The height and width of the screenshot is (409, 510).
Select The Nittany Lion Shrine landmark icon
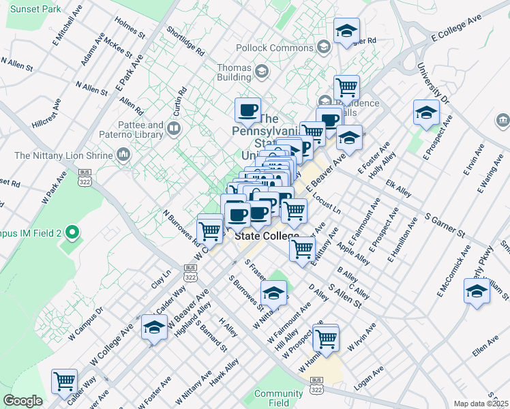click(x=123, y=154)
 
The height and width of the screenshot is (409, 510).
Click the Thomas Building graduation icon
click(x=260, y=71)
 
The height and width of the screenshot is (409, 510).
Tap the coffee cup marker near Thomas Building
click(x=247, y=110)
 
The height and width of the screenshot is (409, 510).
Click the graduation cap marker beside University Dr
click(x=426, y=112)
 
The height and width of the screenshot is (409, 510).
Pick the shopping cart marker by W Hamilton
click(x=327, y=337)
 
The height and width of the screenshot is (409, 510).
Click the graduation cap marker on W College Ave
click(x=154, y=327)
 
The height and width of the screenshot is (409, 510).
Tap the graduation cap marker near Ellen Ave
click(x=477, y=291)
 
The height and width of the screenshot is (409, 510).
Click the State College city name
click(x=267, y=236)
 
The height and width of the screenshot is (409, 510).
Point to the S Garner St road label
click(x=445, y=224)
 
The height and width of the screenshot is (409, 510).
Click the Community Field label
click(x=278, y=398)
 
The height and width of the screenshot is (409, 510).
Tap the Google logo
click(x=22, y=401)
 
